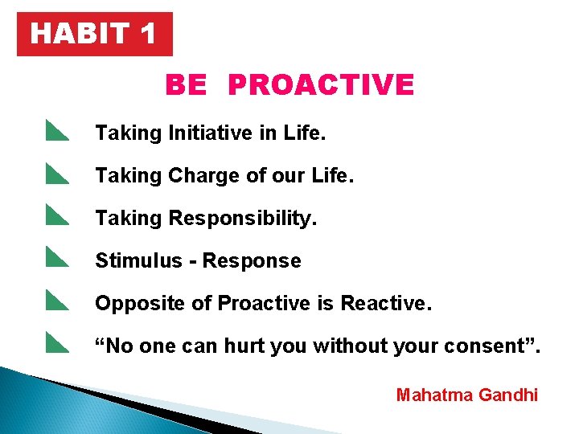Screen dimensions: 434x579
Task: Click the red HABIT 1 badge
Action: (95, 35)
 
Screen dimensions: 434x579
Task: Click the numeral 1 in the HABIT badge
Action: (148, 35)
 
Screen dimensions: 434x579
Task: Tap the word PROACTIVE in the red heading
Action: (321, 85)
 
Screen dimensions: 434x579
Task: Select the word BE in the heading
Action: (186, 85)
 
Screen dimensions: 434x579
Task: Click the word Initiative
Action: (211, 133)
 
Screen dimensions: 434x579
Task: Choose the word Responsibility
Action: (243, 219)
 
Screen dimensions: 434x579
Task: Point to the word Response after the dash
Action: (252, 261)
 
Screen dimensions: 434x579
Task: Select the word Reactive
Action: (386, 304)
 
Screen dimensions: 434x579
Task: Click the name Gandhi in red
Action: (508, 395)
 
